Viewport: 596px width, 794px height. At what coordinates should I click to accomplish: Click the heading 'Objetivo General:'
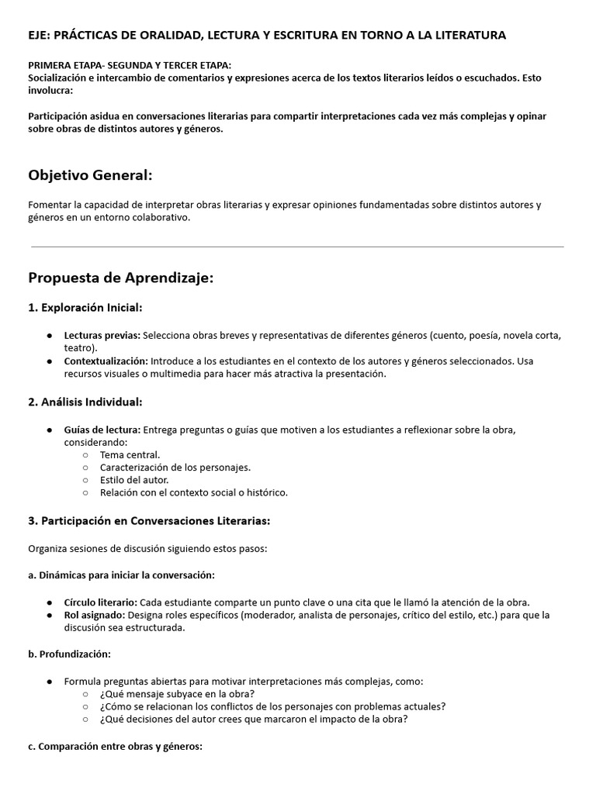90,176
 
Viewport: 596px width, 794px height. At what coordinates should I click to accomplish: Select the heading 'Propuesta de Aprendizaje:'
120,278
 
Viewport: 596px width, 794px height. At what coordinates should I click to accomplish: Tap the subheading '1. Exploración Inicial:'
85,308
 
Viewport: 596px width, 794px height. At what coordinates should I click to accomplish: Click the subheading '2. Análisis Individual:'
85,402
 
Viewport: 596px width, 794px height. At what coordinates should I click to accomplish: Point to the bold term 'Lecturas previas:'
102,335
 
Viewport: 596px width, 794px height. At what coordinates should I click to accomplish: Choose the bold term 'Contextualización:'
106,361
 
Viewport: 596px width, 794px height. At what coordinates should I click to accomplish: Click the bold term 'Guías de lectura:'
102,430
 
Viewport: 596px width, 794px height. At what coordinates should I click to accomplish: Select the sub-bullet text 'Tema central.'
130,455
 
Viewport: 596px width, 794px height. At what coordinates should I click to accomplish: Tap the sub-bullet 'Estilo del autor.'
134,480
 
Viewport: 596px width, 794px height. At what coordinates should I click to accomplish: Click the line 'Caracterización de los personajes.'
175,468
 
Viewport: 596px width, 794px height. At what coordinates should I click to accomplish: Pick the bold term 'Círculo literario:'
101,602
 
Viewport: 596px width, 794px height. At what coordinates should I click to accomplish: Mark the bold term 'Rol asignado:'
95,615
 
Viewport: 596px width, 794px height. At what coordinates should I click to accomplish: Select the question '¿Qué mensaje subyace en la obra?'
177,693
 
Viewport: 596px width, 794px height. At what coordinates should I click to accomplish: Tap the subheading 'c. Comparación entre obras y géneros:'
115,747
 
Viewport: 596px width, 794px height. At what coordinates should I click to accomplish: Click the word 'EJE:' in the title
40,35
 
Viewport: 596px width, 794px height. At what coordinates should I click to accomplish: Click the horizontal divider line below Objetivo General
297,247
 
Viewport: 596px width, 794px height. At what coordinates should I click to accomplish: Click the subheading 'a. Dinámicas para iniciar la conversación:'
121,575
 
